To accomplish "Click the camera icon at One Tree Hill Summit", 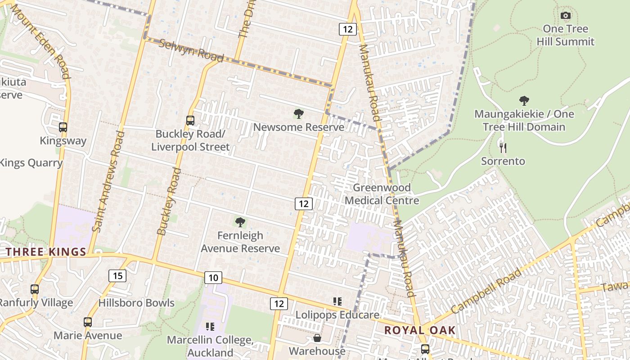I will (566, 16).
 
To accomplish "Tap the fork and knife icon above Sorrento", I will (503, 148).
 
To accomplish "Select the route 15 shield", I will (117, 275).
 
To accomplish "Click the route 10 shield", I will (213, 278).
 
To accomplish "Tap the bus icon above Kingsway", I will (63, 127).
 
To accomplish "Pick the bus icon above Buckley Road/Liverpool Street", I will (190, 121).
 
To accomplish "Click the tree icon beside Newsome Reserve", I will (298, 114).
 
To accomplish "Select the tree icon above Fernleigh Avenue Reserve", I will (240, 222).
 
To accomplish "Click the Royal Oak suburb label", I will (420, 330).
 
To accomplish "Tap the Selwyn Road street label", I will (191, 50).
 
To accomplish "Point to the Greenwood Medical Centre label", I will (382, 194).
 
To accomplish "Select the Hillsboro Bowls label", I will (136, 303).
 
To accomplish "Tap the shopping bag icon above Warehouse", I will (317, 338).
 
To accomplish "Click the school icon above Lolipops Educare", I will (337, 301).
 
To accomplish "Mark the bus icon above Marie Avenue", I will (88, 322).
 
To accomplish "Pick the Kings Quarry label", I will (31, 163).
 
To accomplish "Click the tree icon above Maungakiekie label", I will (524, 101).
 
